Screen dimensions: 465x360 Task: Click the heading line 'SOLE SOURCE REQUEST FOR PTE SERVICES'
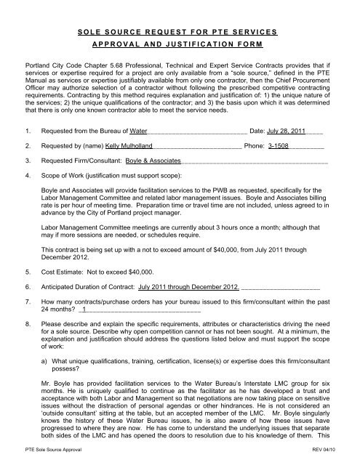pos(180,34)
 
